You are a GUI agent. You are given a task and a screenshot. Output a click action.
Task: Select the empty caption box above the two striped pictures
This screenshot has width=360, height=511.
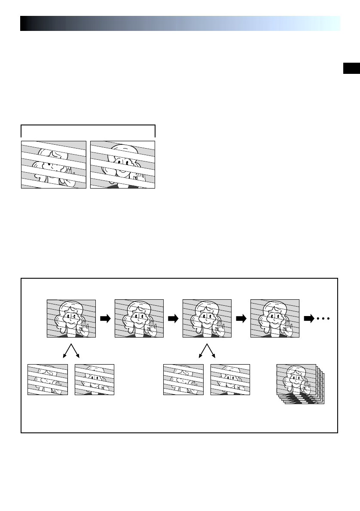(88, 131)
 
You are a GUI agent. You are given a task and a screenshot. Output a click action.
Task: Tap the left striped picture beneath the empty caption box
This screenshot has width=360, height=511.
(54, 164)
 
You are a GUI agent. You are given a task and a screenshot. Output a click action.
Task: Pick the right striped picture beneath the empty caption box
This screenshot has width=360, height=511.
(122, 164)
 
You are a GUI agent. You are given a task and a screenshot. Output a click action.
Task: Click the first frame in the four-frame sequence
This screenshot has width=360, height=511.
(71, 318)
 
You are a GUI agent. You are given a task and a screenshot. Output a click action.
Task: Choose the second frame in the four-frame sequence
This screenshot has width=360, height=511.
(139, 318)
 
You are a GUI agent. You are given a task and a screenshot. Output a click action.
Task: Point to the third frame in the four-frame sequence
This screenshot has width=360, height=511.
(207, 318)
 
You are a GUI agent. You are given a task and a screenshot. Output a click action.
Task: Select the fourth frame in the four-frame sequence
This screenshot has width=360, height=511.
(275, 318)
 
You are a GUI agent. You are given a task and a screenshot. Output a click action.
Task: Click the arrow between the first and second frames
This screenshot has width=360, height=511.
(105, 319)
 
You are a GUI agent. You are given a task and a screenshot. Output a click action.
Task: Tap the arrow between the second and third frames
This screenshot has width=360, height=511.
(173, 319)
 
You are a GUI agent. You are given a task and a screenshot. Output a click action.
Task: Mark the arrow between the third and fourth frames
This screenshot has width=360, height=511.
(241, 319)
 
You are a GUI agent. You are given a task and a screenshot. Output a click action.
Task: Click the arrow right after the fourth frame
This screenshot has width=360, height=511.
(309, 319)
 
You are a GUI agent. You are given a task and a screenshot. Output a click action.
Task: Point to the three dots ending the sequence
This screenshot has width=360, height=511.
(323, 319)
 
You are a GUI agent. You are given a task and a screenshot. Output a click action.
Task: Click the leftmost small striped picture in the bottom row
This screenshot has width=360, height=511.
(48, 380)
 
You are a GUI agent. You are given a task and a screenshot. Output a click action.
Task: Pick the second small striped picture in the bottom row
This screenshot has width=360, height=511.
(95, 380)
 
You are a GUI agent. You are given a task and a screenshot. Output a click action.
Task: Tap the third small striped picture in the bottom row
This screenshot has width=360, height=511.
(183, 380)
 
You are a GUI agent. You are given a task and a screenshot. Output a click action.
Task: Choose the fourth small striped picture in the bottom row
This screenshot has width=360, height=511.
(230, 380)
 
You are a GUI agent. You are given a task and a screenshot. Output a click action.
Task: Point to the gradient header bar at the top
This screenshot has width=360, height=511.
(180, 24)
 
